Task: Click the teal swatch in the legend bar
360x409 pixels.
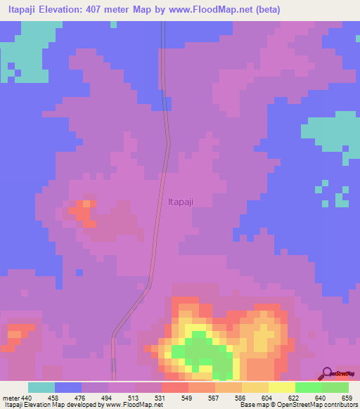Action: pyautogui.click(x=41, y=387)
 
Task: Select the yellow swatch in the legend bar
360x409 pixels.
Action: pyautogui.click(x=282, y=387)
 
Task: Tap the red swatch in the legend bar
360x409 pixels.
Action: pyautogui.click(x=175, y=387)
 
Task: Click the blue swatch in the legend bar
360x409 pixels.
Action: pyautogui.click(x=68, y=387)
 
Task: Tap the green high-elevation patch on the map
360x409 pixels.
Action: pyautogui.click(x=200, y=349)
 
